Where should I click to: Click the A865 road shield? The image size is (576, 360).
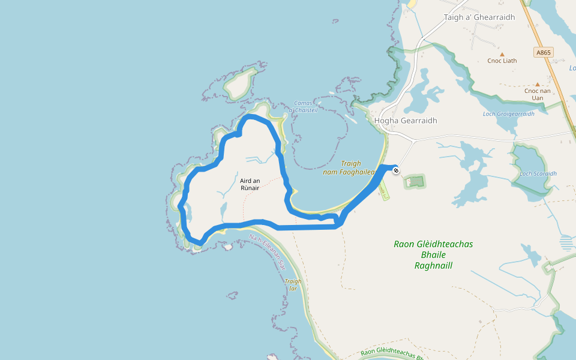click(544, 53)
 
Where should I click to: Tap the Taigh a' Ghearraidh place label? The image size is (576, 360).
click(479, 17)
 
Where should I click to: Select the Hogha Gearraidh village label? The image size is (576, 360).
click(406, 121)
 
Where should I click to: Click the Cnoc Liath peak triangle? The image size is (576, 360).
click(502, 54)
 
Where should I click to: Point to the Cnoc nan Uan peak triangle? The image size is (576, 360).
click(538, 85)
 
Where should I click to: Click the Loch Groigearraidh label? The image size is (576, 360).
click(508, 114)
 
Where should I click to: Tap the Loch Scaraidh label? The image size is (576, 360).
click(538, 174)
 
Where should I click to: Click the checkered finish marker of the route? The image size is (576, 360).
click(396, 171)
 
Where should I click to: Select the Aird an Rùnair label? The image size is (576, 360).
click(250, 184)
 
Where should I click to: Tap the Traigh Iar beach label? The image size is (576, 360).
click(293, 284)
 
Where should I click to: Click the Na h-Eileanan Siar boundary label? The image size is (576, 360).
click(268, 253)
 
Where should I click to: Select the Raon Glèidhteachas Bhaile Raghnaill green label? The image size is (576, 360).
click(433, 254)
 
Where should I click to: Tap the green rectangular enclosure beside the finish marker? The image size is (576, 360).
click(415, 181)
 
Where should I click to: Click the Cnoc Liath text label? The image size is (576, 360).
click(502, 61)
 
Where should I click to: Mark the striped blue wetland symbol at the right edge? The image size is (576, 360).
click(566, 243)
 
